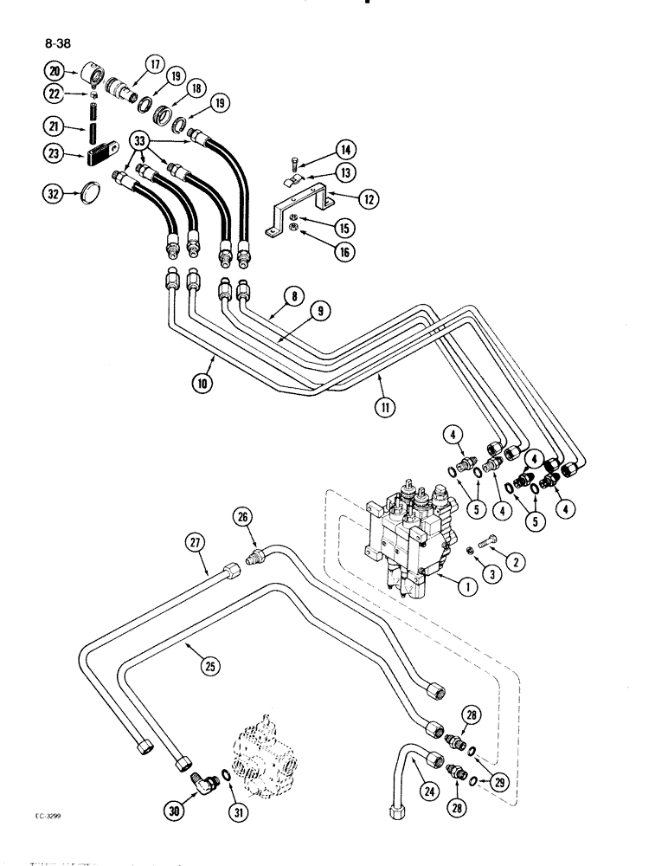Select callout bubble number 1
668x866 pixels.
466,586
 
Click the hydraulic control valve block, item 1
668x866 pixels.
407,541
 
